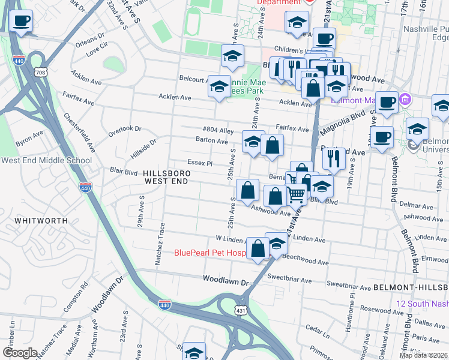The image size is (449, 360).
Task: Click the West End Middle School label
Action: tap(46, 160)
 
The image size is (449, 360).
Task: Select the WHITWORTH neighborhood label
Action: tap(41, 221)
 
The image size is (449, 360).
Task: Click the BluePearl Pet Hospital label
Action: tap(210, 253)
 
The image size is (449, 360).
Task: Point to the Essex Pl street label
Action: tap(200, 163)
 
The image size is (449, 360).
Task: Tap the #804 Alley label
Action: tap(217, 130)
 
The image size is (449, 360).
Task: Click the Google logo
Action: tap(20, 353)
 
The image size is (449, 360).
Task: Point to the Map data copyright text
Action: tap(424, 355)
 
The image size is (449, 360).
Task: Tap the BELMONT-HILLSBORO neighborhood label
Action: tap(411, 288)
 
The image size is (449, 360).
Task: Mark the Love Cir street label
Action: tap(97, 45)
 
